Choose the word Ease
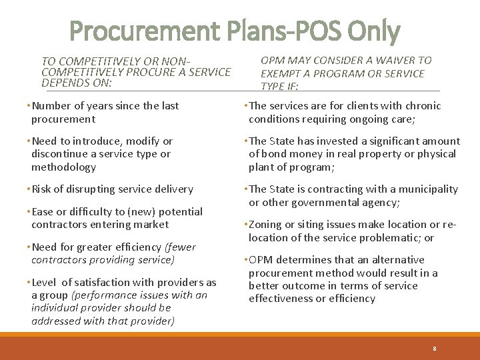(x=43, y=211)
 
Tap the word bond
(x=274, y=154)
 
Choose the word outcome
(x=299, y=286)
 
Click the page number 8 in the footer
(x=433, y=348)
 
